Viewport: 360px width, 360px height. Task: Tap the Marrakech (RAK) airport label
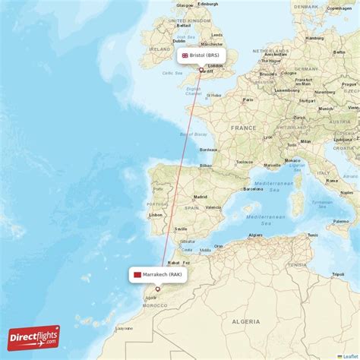tap(161, 274)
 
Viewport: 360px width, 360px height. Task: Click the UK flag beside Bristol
tap(185, 55)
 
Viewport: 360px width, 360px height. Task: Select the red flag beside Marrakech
tap(137, 274)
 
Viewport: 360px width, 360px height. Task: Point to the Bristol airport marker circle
tap(201, 71)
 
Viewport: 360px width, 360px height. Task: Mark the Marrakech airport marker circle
tap(158, 289)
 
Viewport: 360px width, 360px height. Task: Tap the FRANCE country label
tap(244, 128)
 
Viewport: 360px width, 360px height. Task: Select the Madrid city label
tap(200, 197)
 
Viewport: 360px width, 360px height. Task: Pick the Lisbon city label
tap(156, 215)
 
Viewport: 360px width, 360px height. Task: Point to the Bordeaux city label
tap(209, 150)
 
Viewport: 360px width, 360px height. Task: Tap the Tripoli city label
tap(339, 274)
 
